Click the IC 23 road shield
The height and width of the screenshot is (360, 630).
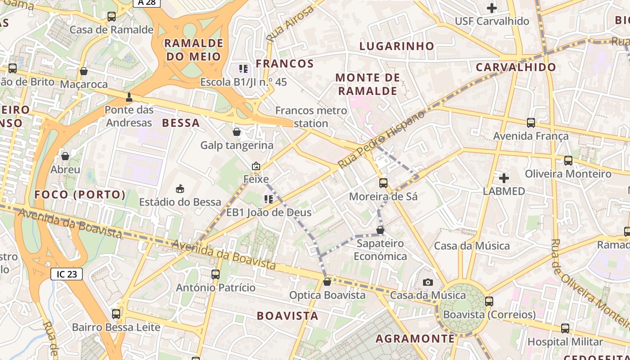(x=67, y=274)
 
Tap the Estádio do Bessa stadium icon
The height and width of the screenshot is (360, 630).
(x=180, y=188)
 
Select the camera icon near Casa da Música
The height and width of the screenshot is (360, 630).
(x=428, y=282)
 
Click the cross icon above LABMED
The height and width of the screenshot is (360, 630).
(x=504, y=178)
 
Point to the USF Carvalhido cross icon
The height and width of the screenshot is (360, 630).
(x=492, y=8)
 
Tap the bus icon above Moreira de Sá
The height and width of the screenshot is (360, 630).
(x=383, y=183)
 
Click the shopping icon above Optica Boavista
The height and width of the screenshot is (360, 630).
(x=327, y=282)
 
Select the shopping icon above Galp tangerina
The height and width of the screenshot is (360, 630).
(x=237, y=132)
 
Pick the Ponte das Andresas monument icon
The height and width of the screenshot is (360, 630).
(x=129, y=97)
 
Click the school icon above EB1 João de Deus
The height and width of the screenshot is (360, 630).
(x=269, y=199)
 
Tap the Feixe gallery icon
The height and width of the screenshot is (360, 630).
(x=256, y=166)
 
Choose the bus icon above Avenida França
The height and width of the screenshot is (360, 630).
(x=531, y=122)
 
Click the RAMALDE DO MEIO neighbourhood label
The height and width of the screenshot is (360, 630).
(x=193, y=49)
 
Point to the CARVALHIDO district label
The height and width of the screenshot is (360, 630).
(x=516, y=67)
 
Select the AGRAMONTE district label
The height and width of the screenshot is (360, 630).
(x=415, y=338)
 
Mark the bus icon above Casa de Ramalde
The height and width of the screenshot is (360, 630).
(x=112, y=17)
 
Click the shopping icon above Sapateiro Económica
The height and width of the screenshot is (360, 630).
(x=380, y=230)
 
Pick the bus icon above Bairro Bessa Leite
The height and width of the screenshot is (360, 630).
(x=116, y=314)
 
